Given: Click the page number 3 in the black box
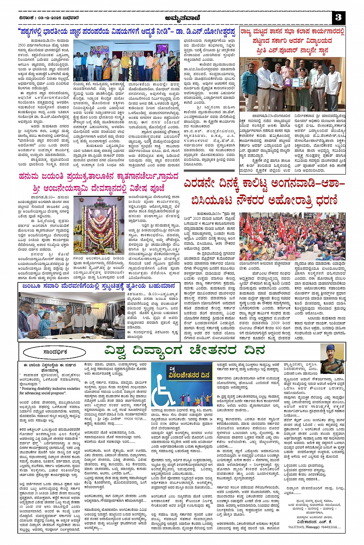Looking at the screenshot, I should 339,17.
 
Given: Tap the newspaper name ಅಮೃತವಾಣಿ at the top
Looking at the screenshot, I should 182,17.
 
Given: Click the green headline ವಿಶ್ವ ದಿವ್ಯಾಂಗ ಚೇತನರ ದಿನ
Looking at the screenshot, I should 185,351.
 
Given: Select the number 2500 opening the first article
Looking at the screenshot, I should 22,45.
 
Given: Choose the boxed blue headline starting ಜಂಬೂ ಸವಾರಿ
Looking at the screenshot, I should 99,286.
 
